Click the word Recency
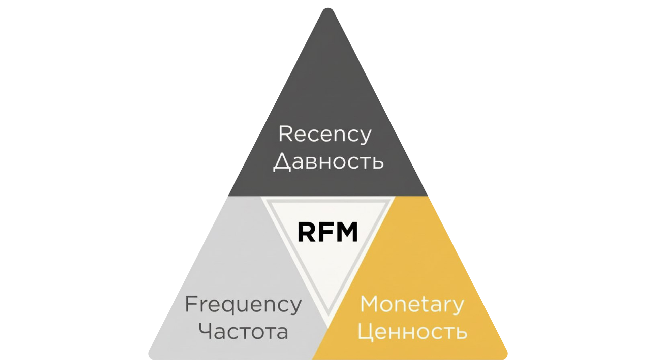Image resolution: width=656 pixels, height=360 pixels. point(324,134)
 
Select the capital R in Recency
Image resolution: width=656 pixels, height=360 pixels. point(285,133)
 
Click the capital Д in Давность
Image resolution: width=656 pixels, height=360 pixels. point(282,162)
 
